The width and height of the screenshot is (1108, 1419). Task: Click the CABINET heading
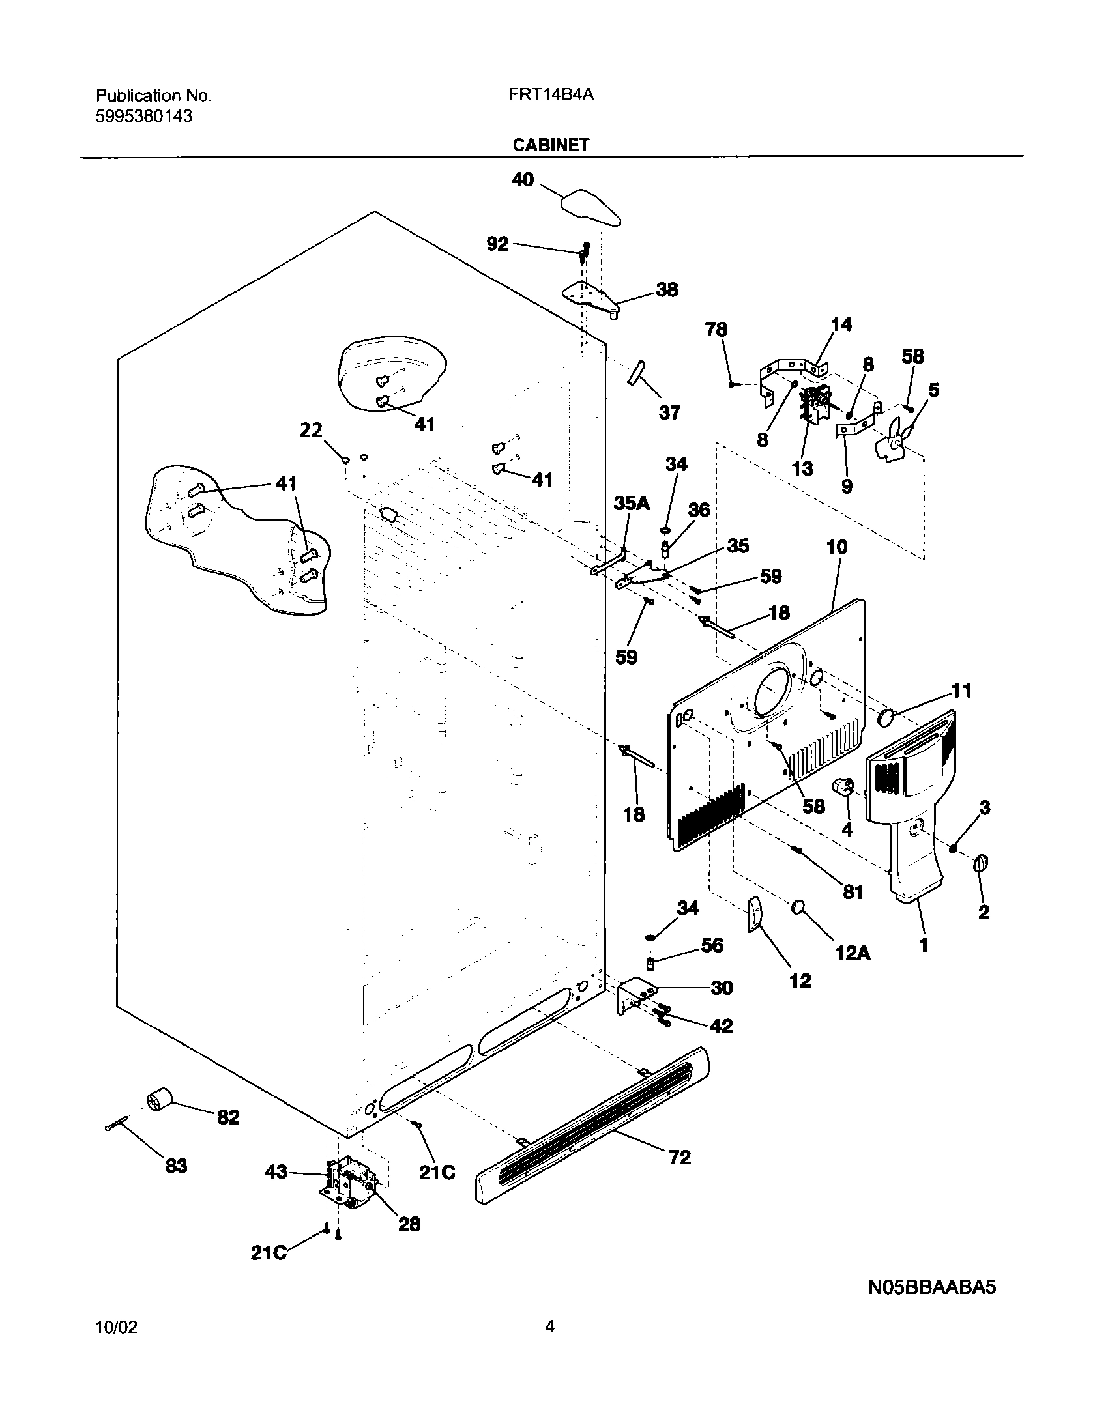click(x=551, y=145)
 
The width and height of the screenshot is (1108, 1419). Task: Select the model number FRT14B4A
click(x=551, y=96)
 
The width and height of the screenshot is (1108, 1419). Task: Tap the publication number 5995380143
click(x=144, y=117)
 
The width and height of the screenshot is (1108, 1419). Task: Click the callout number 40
click(x=522, y=179)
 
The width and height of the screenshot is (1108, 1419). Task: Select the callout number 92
click(x=497, y=244)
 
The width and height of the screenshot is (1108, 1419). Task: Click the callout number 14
click(x=841, y=324)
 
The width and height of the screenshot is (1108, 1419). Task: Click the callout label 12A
click(x=853, y=953)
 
